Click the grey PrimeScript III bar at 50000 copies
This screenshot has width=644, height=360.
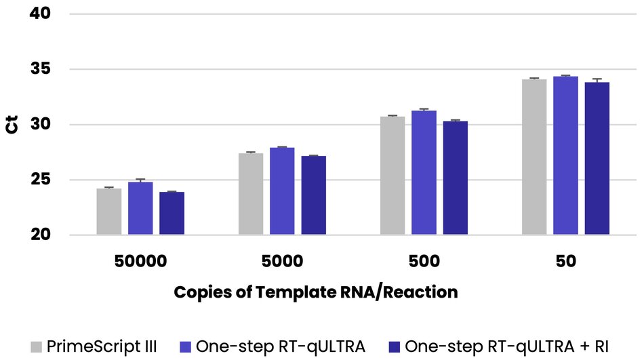(108, 212)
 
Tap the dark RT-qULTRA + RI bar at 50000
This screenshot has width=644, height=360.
(172, 214)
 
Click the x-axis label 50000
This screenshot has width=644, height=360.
(140, 261)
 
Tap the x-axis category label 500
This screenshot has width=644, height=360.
(424, 261)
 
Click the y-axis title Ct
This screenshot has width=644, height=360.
(13, 124)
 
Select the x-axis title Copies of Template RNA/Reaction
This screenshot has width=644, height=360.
(316, 292)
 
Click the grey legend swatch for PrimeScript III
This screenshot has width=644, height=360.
(38, 346)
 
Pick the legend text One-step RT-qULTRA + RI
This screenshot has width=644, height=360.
(506, 346)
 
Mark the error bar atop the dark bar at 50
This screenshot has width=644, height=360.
(597, 81)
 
